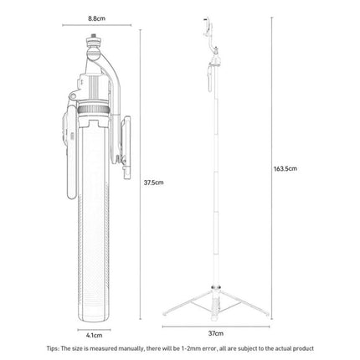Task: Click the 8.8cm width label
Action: click(x=96, y=18)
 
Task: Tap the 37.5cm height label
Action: click(x=153, y=183)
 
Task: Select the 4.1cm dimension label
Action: click(x=94, y=335)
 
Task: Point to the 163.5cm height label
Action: click(x=285, y=168)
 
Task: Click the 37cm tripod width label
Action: click(x=216, y=333)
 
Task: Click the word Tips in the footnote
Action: click(x=53, y=348)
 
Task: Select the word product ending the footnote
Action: click(x=304, y=348)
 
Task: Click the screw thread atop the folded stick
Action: click(x=94, y=36)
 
